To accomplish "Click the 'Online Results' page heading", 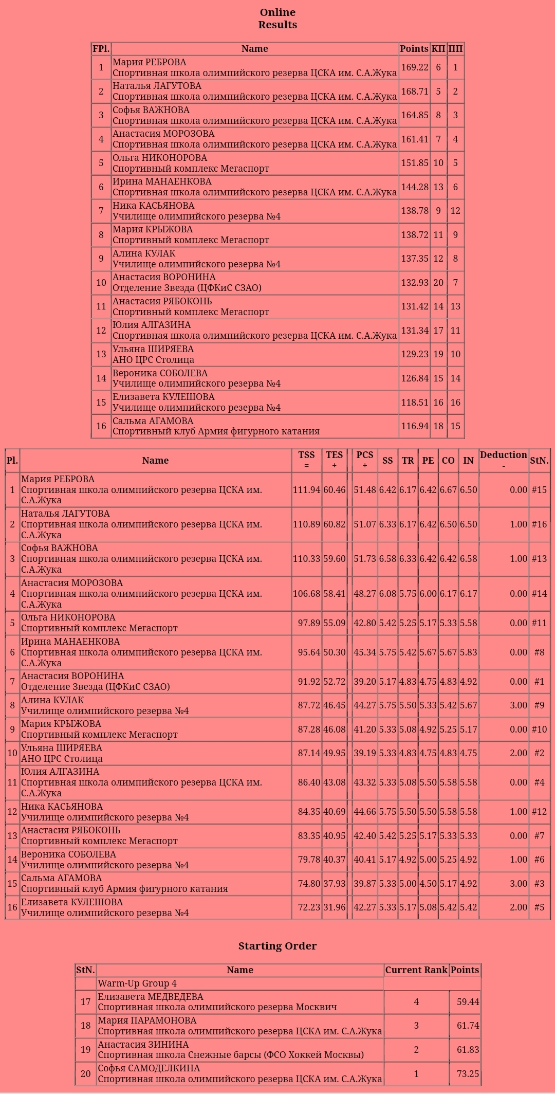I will [x=277, y=19].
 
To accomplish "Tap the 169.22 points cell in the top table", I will [x=414, y=67].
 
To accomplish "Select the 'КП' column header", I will [x=438, y=49].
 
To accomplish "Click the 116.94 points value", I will [x=414, y=426].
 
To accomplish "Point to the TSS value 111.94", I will [x=306, y=490].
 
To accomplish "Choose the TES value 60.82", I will [x=334, y=524].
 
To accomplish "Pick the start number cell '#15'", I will [x=539, y=490].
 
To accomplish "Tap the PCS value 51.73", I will [x=365, y=559].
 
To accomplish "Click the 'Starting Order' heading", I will [x=277, y=946].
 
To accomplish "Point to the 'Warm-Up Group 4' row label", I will [x=137, y=983].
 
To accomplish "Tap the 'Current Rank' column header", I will [x=416, y=970].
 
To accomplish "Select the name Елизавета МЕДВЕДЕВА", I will [x=151, y=997].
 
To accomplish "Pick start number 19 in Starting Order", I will [x=85, y=1049].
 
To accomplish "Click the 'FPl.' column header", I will [x=101, y=49].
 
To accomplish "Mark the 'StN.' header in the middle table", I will [x=539, y=461].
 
